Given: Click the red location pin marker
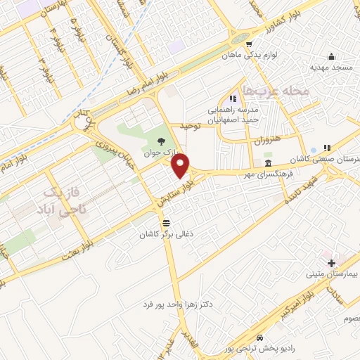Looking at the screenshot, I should [181, 166].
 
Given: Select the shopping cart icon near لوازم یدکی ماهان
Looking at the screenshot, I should [248, 43].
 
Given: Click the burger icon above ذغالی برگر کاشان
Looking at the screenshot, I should [165, 222].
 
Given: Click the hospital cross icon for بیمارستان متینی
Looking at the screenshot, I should [331, 262].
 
